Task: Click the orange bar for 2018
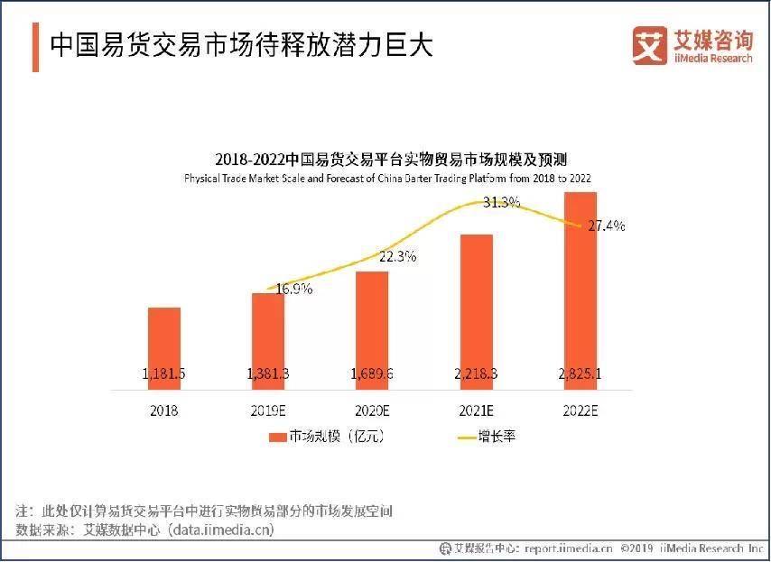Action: click(x=164, y=348)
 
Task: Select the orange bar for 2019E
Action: click(x=268, y=341)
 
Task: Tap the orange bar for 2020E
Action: click(x=372, y=330)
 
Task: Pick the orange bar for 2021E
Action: click(x=476, y=312)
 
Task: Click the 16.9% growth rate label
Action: click(x=294, y=290)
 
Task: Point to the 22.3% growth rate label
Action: click(x=397, y=256)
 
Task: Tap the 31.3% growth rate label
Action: click(x=501, y=202)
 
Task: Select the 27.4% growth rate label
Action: click(x=606, y=226)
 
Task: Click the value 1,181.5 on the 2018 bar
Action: click(x=164, y=373)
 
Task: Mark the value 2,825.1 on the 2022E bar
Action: click(x=580, y=373)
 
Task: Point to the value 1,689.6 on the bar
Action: click(x=372, y=373)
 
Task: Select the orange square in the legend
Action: click(x=277, y=437)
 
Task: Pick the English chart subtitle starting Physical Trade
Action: click(x=386, y=179)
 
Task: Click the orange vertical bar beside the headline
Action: click(x=35, y=46)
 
